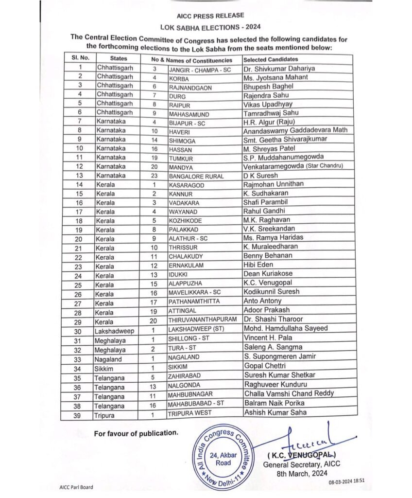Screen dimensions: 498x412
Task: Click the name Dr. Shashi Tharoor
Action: [273, 320]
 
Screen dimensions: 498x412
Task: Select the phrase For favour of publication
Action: [137, 433]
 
